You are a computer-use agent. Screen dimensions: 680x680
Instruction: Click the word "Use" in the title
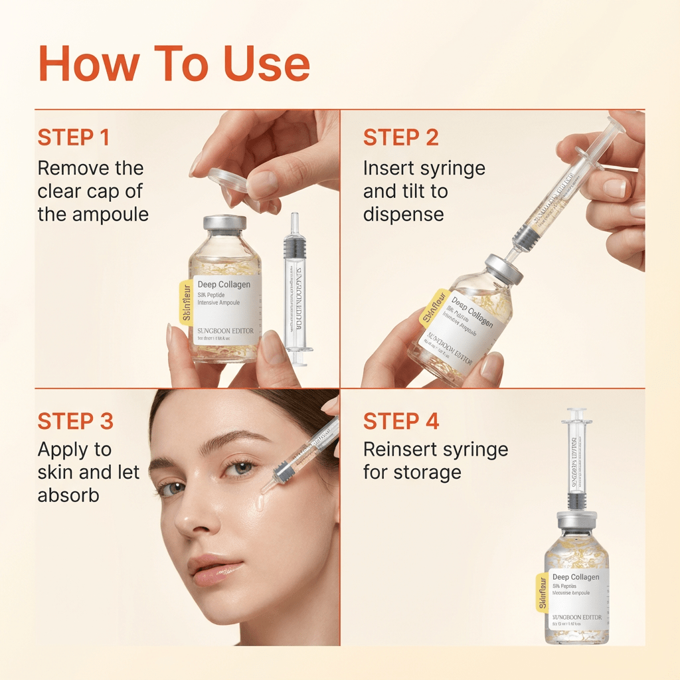tap(262, 64)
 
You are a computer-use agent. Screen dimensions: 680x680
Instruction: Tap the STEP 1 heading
tap(74, 137)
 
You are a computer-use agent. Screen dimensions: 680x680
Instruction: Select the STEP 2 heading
tap(400, 137)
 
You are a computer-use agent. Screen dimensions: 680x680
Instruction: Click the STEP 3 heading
tap(75, 421)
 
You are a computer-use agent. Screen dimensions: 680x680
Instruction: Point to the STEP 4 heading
tap(401, 421)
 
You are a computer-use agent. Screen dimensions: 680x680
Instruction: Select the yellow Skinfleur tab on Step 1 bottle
tap(187, 303)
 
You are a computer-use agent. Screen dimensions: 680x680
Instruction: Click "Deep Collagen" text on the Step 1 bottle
tap(224, 285)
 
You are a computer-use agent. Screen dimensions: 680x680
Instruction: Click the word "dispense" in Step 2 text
tap(403, 214)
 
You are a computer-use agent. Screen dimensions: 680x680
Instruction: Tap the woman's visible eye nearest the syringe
tap(242, 468)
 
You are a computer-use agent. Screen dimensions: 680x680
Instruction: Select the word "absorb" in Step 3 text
tap(68, 495)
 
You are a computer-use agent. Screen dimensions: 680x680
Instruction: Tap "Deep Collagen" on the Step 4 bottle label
tap(575, 577)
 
